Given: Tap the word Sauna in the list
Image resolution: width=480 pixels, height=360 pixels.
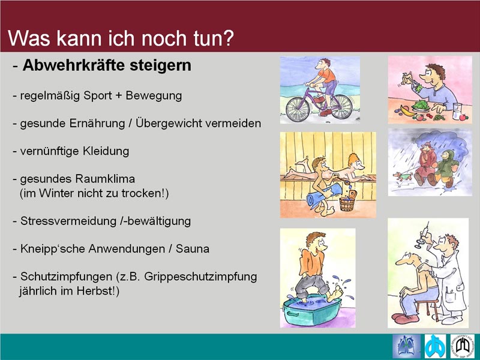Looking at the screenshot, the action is (x=193, y=248).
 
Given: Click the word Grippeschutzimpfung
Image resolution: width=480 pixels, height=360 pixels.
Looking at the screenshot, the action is (x=200, y=277).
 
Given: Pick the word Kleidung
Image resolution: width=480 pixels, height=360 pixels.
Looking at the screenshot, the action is (x=106, y=151).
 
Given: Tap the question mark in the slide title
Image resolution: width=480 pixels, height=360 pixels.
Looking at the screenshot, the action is (x=227, y=38).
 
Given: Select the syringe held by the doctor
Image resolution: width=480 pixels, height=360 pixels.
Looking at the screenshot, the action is (x=422, y=235).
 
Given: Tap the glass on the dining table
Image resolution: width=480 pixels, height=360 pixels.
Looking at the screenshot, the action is (x=457, y=110).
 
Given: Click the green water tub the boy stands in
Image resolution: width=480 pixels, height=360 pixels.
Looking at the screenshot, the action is (x=312, y=310).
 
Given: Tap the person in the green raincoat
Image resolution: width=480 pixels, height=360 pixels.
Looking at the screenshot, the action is (x=445, y=167).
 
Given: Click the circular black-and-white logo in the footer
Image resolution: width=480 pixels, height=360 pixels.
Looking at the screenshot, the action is (x=462, y=346).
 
